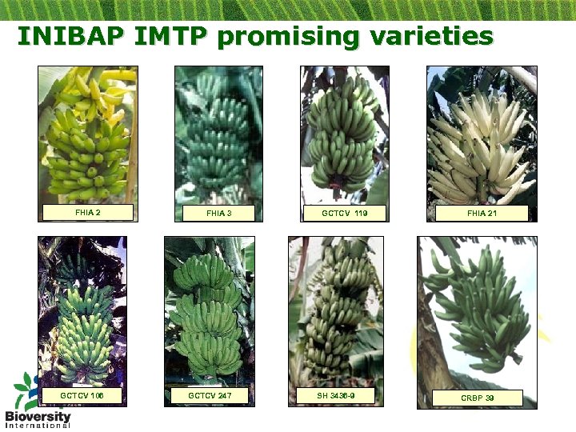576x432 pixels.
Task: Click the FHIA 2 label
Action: tap(87, 213)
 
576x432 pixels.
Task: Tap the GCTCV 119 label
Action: tap(344, 214)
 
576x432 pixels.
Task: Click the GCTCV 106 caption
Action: tap(82, 396)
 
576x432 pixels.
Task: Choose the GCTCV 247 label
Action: tap(209, 396)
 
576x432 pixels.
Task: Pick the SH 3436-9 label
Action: tap(336, 396)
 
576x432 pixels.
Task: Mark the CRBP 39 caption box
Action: tap(477, 398)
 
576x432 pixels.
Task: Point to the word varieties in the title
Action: tap(432, 37)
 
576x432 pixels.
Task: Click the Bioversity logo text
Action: tap(38, 418)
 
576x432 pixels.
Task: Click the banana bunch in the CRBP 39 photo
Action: tap(480, 308)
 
